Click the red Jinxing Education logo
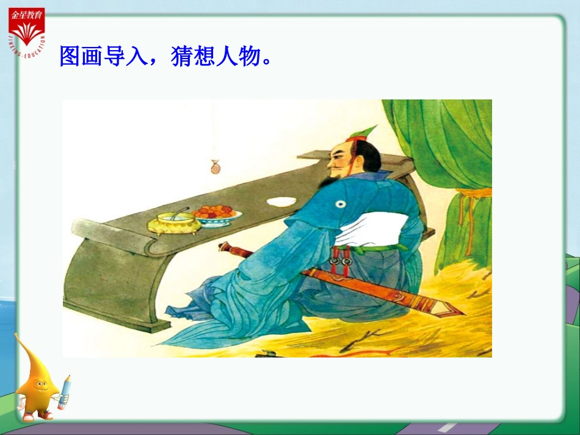[26, 30]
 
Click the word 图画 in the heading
[81, 56]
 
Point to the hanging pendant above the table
[214, 167]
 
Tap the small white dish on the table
[281, 201]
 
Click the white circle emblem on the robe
[339, 206]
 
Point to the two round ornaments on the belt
[340, 262]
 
